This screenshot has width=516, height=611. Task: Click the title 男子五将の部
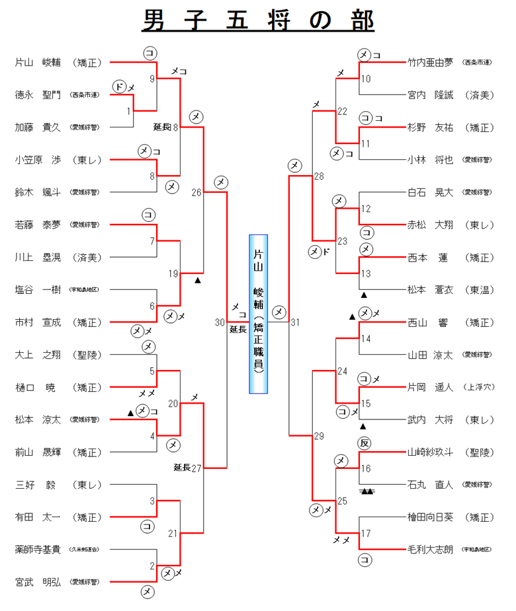[x=258, y=20]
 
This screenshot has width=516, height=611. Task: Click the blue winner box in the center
[x=259, y=314]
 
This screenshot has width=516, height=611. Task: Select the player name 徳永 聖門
[x=38, y=95]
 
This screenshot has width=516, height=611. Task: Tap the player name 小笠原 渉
[x=38, y=160]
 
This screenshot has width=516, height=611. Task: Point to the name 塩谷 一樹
[x=38, y=290]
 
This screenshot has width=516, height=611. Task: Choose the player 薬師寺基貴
[x=38, y=549]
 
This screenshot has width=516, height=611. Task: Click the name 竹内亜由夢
[x=431, y=63]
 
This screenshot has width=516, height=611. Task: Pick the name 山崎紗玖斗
[x=431, y=452]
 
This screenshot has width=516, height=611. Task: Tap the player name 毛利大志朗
[x=431, y=549]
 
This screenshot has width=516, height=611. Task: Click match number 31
[x=295, y=322]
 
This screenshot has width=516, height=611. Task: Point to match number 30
[x=220, y=322]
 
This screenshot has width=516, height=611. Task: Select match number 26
[x=196, y=193]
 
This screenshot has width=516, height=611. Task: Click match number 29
[x=319, y=436]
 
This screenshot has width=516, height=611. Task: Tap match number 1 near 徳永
[x=129, y=111]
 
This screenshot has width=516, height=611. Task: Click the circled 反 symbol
[x=365, y=441]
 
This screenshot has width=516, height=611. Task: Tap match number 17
[x=366, y=532]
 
